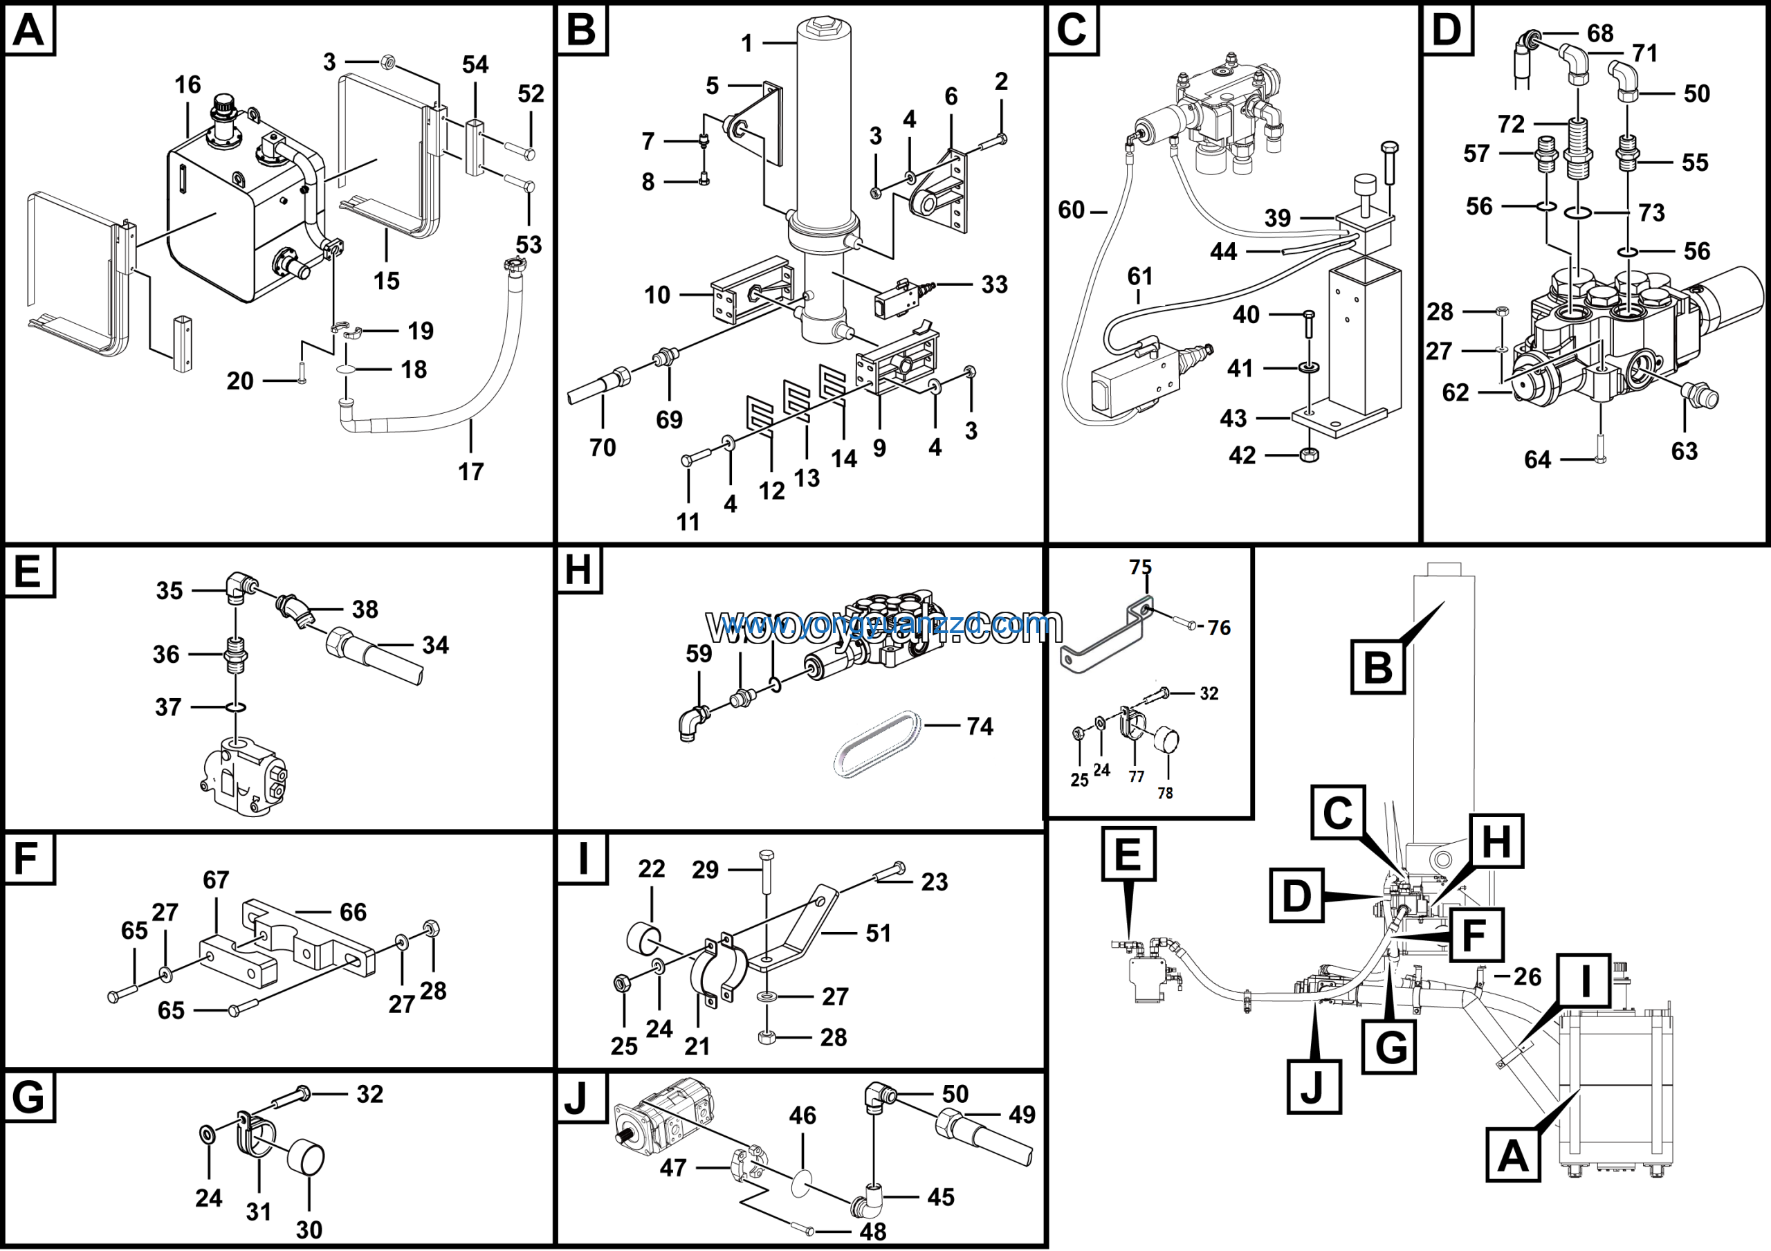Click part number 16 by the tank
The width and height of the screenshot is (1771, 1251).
coord(187,85)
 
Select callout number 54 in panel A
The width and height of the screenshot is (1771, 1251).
coord(475,65)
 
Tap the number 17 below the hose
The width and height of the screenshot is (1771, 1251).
coord(470,471)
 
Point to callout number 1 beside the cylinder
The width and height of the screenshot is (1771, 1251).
coord(746,43)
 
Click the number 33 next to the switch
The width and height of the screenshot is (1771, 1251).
coord(994,284)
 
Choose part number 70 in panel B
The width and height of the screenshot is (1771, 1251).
coord(603,448)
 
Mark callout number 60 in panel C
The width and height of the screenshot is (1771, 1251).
coord(1072,210)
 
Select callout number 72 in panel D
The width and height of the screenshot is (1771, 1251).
coord(1511,124)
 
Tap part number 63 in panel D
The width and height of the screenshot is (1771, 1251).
coord(1684,451)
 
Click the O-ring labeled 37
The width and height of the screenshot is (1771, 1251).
coord(236,706)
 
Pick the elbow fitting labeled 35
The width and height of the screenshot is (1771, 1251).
coord(237,587)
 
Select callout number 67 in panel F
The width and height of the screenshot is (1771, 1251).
coord(216,880)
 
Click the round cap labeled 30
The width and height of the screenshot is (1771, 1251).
coord(306,1158)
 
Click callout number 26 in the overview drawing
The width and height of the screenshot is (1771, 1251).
coord(1527,977)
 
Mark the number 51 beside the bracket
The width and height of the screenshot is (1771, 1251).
coord(878,933)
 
